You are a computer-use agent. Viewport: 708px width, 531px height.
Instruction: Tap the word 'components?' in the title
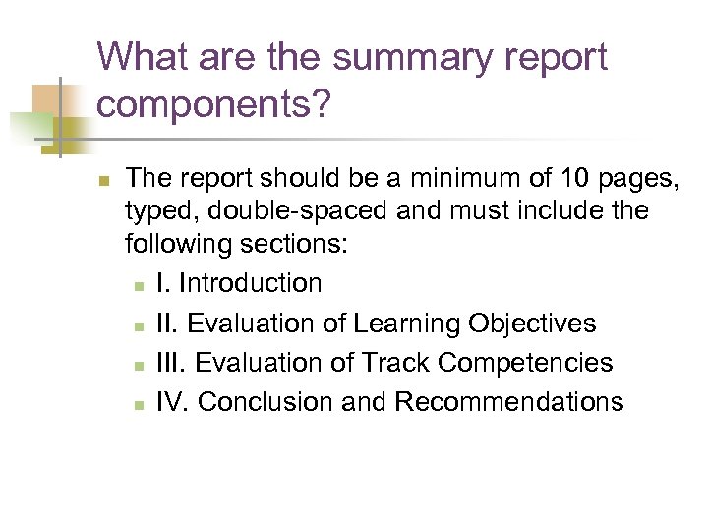click(x=213, y=105)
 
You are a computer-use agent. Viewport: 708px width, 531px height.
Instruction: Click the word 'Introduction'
click(x=251, y=283)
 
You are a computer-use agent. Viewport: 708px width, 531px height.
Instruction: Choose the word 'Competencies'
click(x=525, y=363)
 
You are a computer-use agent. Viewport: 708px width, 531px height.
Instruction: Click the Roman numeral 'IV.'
click(x=173, y=402)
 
